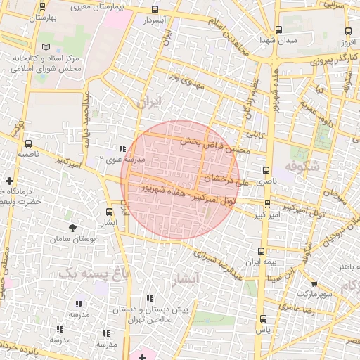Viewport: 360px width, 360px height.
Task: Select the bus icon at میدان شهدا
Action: pyautogui.click(x=279, y=30)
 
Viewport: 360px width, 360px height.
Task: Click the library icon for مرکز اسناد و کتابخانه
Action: pyautogui.click(x=46, y=47)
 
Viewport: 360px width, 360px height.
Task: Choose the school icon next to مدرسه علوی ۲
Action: pyautogui.click(x=123, y=148)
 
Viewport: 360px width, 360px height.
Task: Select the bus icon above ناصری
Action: pyautogui.click(x=266, y=170)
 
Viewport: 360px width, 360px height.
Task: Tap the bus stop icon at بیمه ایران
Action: pyautogui.click(x=262, y=250)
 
